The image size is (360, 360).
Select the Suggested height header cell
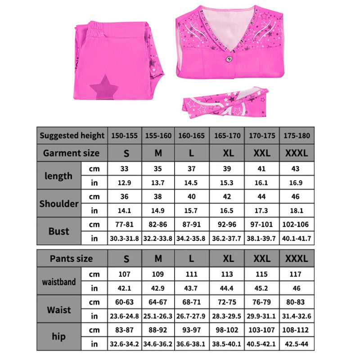[x=72, y=135]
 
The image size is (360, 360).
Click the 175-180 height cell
[x=297, y=135]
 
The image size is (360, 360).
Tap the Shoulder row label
[x=59, y=203]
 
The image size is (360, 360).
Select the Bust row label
[x=59, y=231]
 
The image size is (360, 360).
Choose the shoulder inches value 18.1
[x=297, y=211]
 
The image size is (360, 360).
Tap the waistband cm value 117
[x=297, y=274]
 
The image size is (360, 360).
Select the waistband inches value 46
[x=297, y=288]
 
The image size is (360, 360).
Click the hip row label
[x=59, y=337]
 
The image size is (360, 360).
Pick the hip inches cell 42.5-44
[x=297, y=344]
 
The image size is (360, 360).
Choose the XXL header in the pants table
[x=262, y=259]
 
